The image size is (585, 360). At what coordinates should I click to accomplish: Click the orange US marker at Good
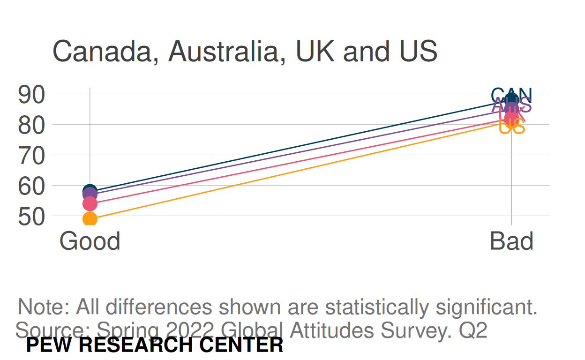pos(90,219)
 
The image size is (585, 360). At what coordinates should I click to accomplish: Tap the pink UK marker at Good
pos(90,203)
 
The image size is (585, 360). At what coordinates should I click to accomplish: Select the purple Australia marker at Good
pos(90,194)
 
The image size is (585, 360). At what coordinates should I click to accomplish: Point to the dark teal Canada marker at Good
pos(90,190)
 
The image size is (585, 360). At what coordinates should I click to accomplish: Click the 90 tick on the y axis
pos(31,94)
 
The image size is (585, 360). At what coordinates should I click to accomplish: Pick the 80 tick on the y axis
pos(31,125)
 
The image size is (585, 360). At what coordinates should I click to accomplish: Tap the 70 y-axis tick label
pos(31,155)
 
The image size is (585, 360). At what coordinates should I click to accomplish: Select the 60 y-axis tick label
pos(31,186)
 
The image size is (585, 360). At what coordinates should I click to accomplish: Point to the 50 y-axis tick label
pos(31,216)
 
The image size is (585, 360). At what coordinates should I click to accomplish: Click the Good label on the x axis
pos(90,241)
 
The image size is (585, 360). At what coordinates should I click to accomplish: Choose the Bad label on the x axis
pos(511,241)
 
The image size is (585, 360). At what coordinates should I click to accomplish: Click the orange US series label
pos(511,127)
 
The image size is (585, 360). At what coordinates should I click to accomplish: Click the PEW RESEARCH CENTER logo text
pos(155,345)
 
